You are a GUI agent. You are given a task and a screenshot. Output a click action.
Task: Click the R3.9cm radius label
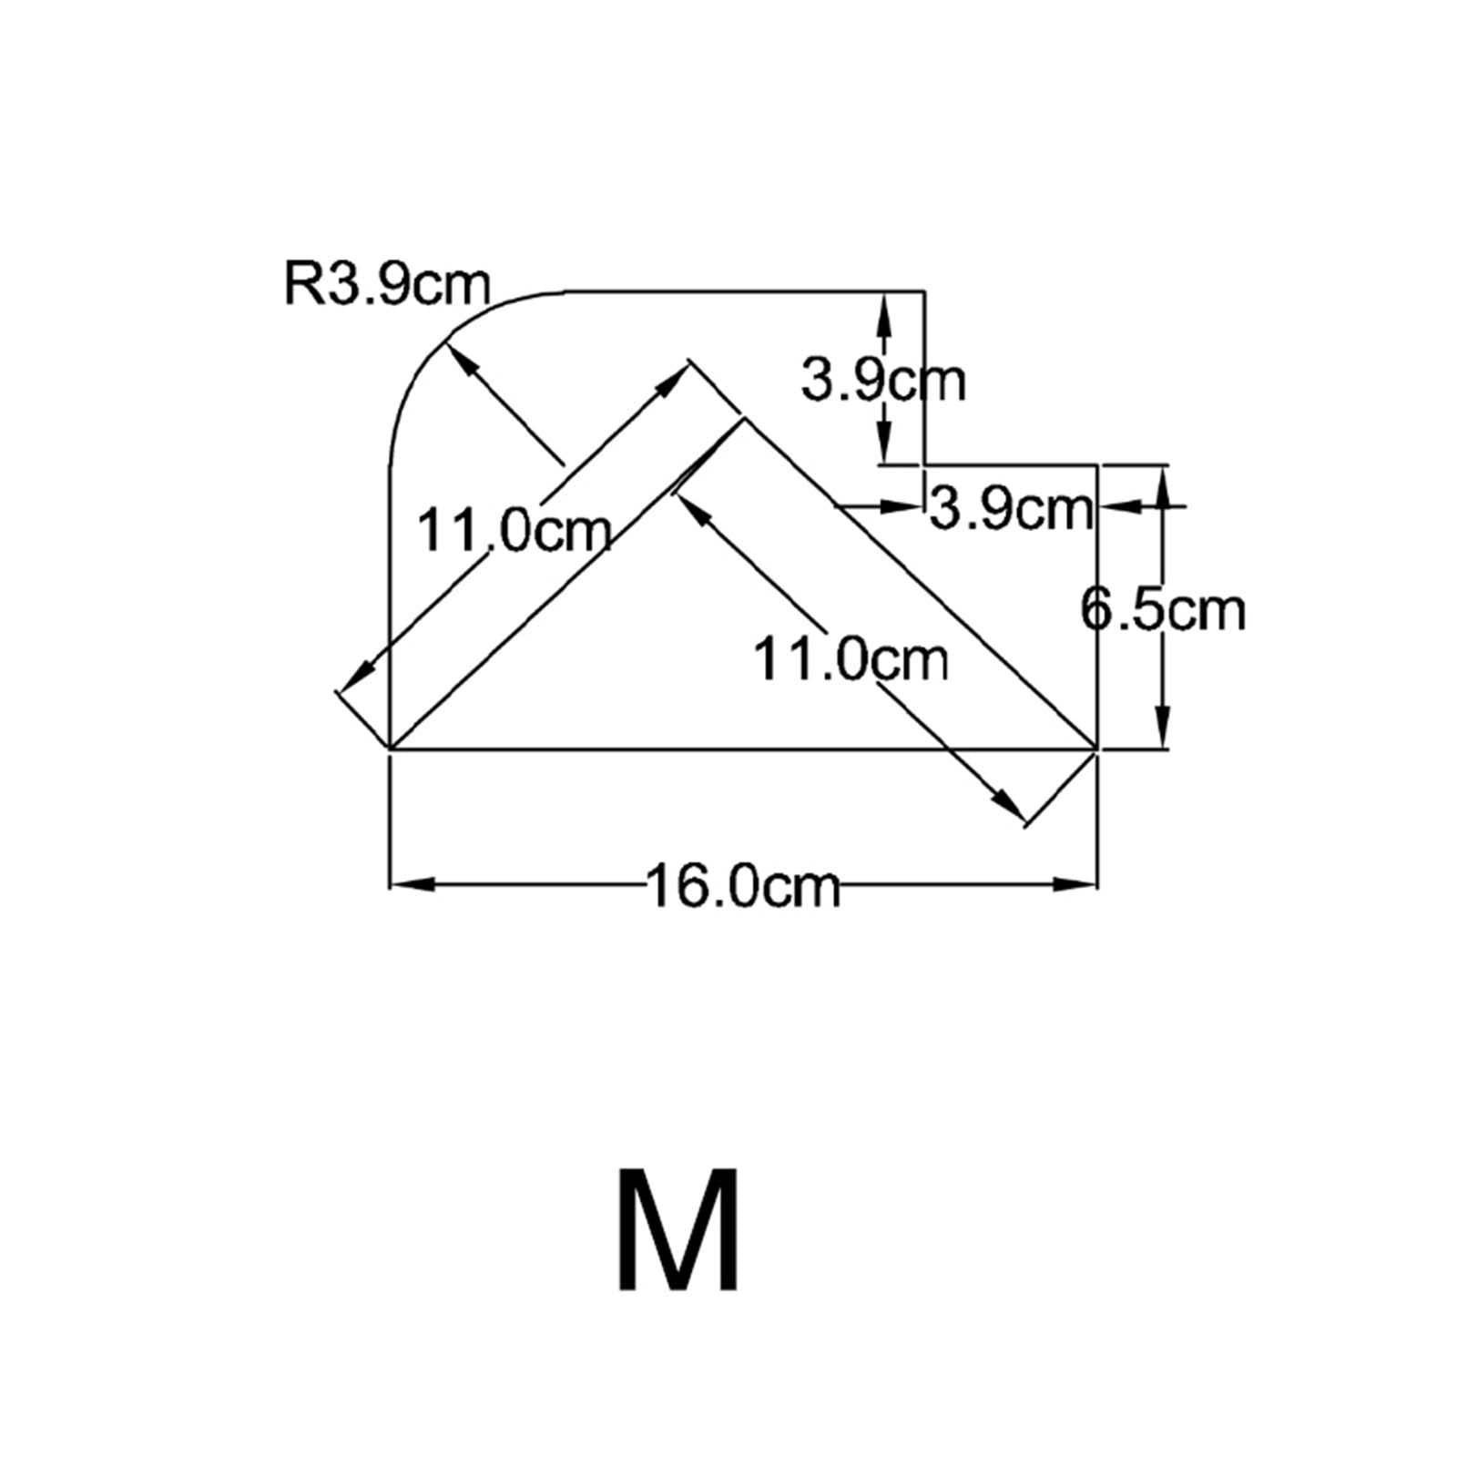pos(387,285)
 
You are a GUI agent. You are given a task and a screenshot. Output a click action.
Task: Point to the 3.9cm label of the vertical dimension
pos(882,382)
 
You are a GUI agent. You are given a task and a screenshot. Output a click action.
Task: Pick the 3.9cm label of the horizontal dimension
pos(1010,509)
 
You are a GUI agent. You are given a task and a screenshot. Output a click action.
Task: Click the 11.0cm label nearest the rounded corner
pos(514,530)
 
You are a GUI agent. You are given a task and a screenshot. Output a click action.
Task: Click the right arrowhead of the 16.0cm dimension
pos(1075,883)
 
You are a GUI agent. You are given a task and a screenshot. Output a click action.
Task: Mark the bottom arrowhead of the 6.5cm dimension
pos(1163,728)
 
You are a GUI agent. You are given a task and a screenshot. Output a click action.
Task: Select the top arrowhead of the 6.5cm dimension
pos(1163,487)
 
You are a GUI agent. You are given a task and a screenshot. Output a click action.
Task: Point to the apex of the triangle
pos(744,418)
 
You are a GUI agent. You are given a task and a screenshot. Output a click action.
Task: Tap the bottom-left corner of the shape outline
pos(390,749)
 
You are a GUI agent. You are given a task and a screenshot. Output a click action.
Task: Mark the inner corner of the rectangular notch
pos(925,465)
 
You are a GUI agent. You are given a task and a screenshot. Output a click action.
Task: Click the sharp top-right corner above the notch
pos(925,291)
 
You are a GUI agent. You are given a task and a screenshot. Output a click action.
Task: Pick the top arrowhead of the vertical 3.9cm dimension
pos(881,313)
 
